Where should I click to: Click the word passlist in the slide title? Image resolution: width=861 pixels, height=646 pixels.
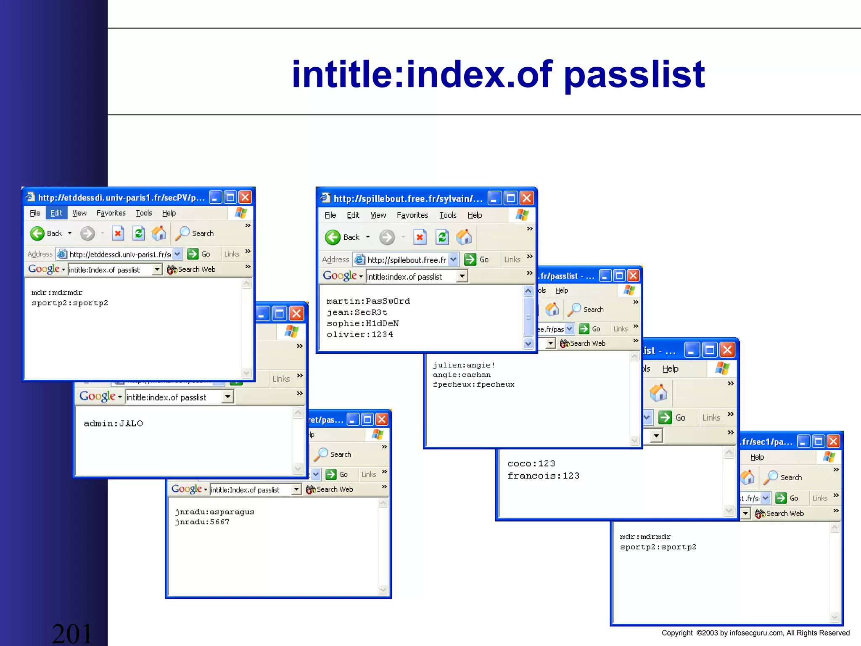[634, 75]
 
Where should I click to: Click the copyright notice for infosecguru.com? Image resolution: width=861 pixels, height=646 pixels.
[755, 633]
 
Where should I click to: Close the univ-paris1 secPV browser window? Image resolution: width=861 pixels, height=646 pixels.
[245, 197]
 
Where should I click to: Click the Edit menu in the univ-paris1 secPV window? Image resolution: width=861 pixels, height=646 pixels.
[56, 213]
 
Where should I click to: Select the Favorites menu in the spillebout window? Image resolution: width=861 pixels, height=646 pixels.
[412, 215]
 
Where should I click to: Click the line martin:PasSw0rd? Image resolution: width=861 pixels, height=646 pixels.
[368, 301]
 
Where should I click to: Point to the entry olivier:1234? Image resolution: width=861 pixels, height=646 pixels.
[360, 334]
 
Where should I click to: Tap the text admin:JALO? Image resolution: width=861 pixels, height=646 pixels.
[113, 424]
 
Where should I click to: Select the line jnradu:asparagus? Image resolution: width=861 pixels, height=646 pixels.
[214, 512]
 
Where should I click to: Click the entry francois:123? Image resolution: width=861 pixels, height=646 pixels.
[543, 476]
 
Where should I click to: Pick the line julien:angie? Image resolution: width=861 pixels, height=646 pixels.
[464, 365]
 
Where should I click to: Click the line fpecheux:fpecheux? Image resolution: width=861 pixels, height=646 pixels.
[473, 384]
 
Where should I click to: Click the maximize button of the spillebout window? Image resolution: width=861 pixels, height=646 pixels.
[510, 198]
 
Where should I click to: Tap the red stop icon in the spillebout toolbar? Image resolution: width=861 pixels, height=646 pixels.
[420, 237]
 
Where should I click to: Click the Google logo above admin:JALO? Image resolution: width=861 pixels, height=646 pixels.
[98, 396]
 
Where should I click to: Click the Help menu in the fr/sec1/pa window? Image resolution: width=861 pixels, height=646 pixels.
[757, 457]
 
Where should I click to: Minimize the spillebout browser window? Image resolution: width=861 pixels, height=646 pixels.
[494, 198]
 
